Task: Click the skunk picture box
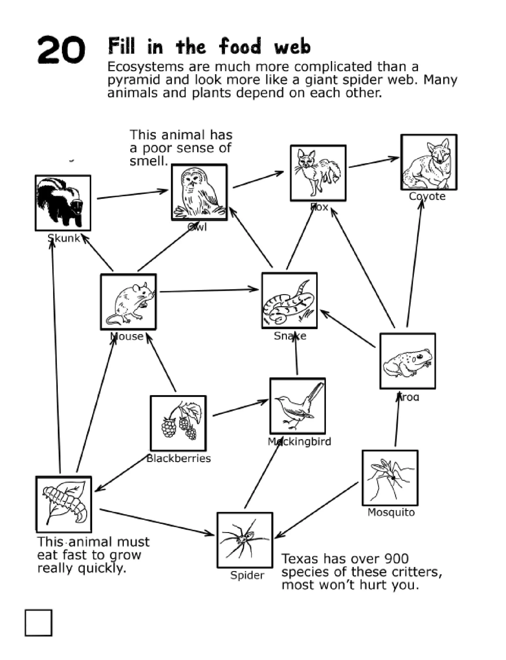(63, 203)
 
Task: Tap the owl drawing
(199, 192)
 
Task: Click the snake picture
(289, 301)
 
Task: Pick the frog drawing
(407, 361)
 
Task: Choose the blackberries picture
(178, 423)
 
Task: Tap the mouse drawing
(128, 302)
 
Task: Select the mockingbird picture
(297, 406)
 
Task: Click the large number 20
(61, 50)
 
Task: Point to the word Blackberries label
(179, 458)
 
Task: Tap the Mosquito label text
(391, 512)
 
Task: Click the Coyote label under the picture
(427, 197)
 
